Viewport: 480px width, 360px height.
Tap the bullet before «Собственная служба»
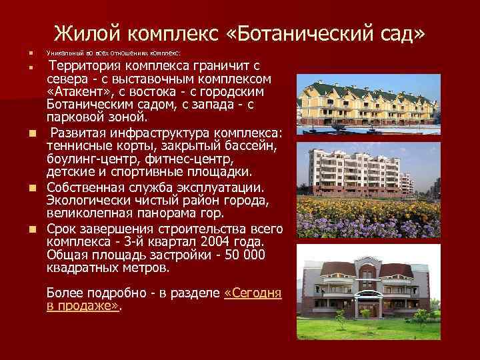[31, 187]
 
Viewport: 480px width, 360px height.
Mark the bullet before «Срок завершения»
[31, 229]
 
